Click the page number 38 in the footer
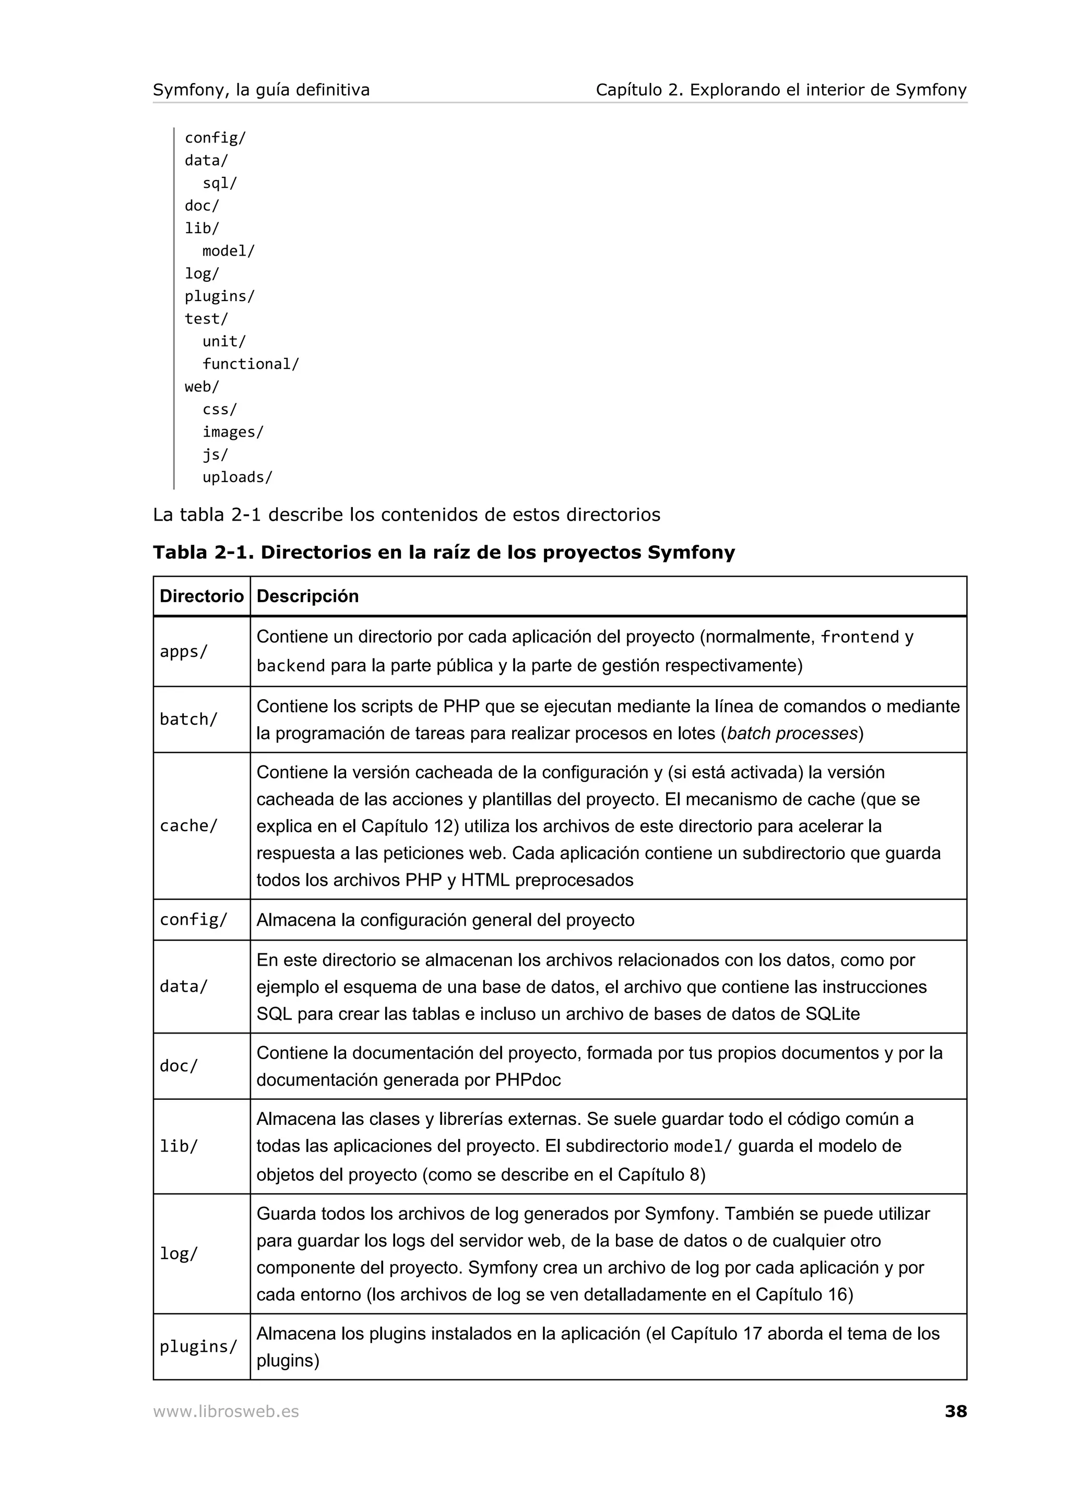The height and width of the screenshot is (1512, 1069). pyautogui.click(x=955, y=1411)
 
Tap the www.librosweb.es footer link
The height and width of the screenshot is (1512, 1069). pyautogui.click(x=226, y=1412)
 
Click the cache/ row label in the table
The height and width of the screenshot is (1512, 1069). pyautogui.click(x=188, y=826)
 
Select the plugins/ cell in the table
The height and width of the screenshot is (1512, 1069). pyautogui.click(x=198, y=1347)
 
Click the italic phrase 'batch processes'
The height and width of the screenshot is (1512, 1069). pyautogui.click(x=792, y=734)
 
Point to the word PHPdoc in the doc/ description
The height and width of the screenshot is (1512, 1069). pyautogui.click(x=528, y=1080)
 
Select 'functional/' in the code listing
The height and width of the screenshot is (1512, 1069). pyautogui.click(x=251, y=364)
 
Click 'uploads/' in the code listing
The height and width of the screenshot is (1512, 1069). pyautogui.click(x=237, y=477)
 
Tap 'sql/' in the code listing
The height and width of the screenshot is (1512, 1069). pyautogui.click(x=219, y=183)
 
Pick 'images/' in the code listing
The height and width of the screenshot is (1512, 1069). pyautogui.click(x=232, y=432)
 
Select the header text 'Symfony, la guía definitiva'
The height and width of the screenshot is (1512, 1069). pyautogui.click(x=261, y=90)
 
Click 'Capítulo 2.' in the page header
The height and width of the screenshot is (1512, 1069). pyautogui.click(x=639, y=90)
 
